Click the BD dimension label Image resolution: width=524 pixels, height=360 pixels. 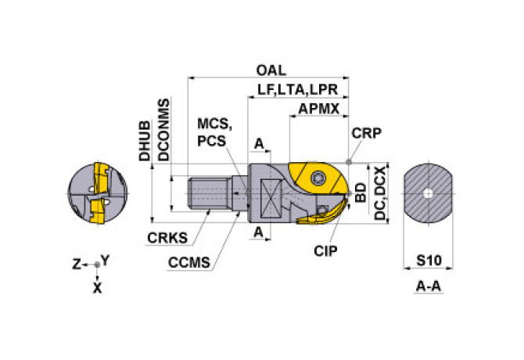[x=360, y=194]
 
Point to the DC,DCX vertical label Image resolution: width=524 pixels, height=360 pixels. [x=379, y=193]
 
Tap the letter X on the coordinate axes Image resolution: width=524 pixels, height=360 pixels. [x=97, y=287]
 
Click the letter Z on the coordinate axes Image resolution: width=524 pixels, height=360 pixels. [x=77, y=265]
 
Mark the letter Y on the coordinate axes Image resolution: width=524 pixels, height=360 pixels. [x=106, y=259]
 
